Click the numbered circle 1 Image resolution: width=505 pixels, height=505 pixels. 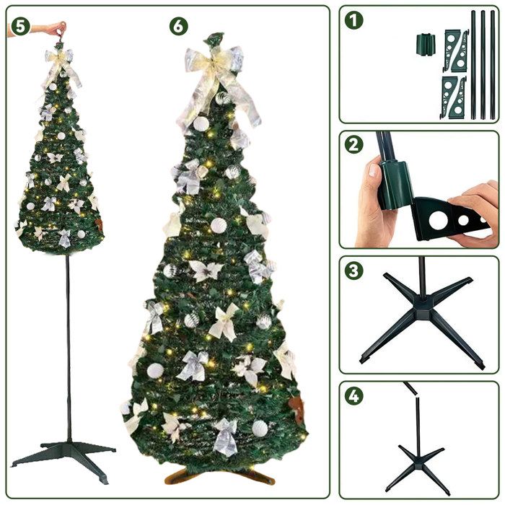[353, 20]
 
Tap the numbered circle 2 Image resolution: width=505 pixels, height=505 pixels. [353, 144]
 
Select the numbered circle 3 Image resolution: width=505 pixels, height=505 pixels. [353, 271]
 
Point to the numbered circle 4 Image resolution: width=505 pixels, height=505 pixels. [353, 396]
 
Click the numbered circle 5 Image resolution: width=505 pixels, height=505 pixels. [19, 25]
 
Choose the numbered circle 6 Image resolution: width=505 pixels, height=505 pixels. [178, 26]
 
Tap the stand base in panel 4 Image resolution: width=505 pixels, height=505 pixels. [418, 462]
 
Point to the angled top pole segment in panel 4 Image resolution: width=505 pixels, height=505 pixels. [411, 389]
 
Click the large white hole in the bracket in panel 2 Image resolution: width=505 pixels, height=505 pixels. [439, 221]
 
